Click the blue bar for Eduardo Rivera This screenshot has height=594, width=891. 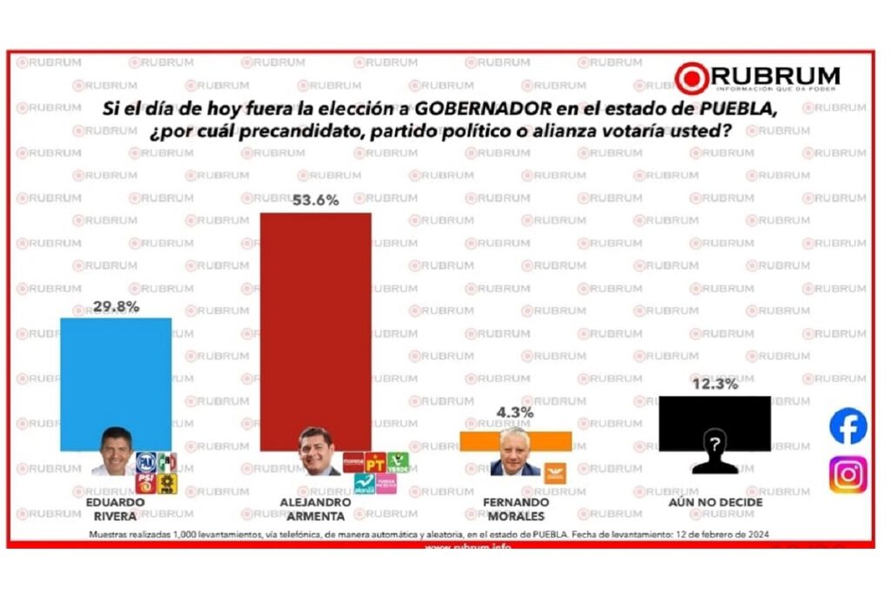tap(115, 374)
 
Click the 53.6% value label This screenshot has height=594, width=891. tap(315, 200)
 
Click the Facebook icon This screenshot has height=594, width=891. tap(847, 427)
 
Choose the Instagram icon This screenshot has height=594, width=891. tap(847, 475)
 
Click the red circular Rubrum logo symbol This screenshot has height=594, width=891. tap(692, 78)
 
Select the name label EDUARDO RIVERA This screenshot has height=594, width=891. tap(109, 508)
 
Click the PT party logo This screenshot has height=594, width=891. tap(376, 462)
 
